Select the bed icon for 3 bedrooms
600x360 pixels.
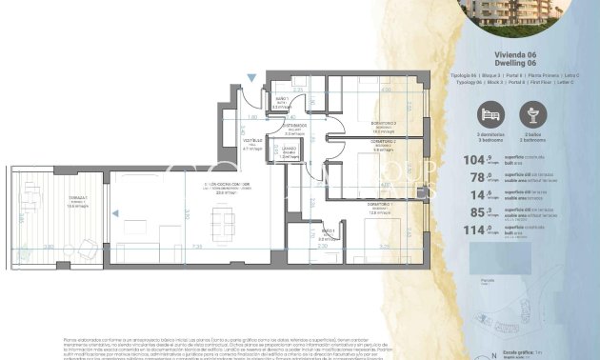coord(490,115)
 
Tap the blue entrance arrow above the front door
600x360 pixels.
coord(251,77)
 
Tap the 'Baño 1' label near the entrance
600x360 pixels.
coord(283,100)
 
